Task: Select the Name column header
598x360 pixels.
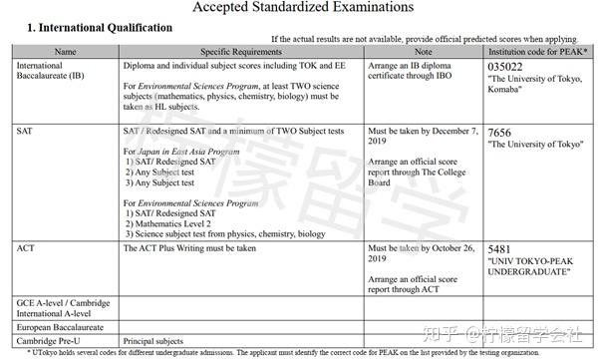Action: coord(65,50)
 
